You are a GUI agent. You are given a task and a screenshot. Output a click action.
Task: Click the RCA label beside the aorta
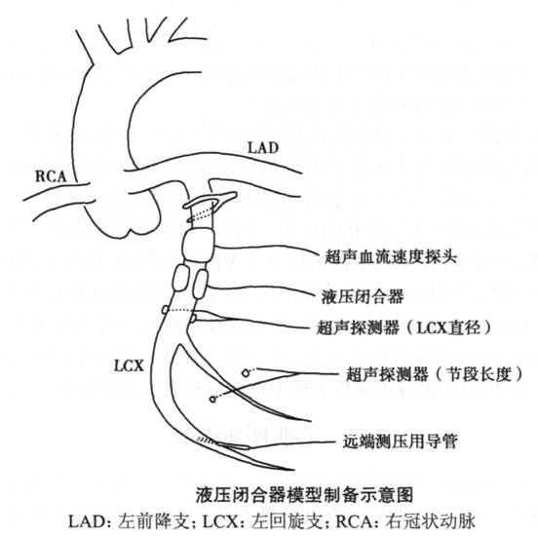[x=51, y=176]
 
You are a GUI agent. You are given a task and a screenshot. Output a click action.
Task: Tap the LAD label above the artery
[x=263, y=148]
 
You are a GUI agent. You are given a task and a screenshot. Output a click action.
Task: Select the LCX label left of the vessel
[x=129, y=366]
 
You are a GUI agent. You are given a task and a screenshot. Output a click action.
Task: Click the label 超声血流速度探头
[x=391, y=256]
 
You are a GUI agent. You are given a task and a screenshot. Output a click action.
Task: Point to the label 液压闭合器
[x=363, y=296]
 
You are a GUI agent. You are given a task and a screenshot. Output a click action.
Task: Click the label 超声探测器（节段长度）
[x=434, y=374]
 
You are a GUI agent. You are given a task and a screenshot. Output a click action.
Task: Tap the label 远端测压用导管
[x=401, y=441]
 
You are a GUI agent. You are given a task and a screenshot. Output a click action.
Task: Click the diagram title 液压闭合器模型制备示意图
[x=305, y=495]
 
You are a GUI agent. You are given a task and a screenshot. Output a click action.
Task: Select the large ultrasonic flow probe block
[x=199, y=246]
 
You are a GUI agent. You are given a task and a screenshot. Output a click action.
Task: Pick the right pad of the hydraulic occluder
[x=201, y=284]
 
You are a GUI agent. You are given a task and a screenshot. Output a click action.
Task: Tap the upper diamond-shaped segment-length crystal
[x=246, y=372]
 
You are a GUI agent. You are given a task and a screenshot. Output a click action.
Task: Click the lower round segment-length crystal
[x=212, y=399]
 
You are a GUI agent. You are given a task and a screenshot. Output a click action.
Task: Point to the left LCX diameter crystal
[x=165, y=310]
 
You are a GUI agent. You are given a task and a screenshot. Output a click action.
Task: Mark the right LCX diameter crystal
[x=193, y=319]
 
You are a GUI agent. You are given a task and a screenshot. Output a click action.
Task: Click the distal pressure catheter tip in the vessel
[x=233, y=446]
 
